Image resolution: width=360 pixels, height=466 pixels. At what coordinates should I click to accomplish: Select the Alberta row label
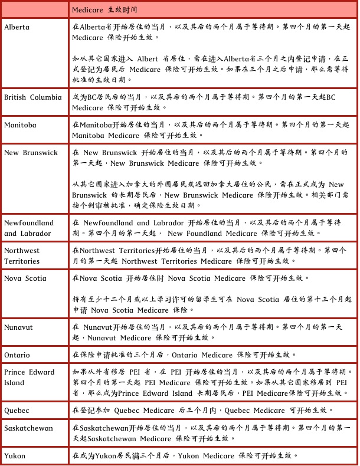tap(17, 27)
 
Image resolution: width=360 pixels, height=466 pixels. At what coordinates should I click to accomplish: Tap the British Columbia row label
tap(32, 97)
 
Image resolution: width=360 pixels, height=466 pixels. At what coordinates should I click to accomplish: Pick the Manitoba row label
tap(20, 124)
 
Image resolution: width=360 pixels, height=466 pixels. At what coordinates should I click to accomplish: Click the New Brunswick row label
tap(31, 152)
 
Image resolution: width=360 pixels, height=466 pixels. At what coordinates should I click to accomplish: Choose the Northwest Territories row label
tap(23, 255)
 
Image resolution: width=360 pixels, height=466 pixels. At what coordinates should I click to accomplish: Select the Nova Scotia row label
tap(25, 278)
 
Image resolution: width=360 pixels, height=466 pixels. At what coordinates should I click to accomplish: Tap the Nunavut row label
tap(19, 326)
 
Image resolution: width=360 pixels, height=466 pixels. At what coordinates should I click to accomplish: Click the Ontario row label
tap(17, 355)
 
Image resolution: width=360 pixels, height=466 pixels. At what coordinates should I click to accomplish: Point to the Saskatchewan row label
tap(28, 428)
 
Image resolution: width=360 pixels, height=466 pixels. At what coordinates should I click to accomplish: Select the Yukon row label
tap(15, 455)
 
